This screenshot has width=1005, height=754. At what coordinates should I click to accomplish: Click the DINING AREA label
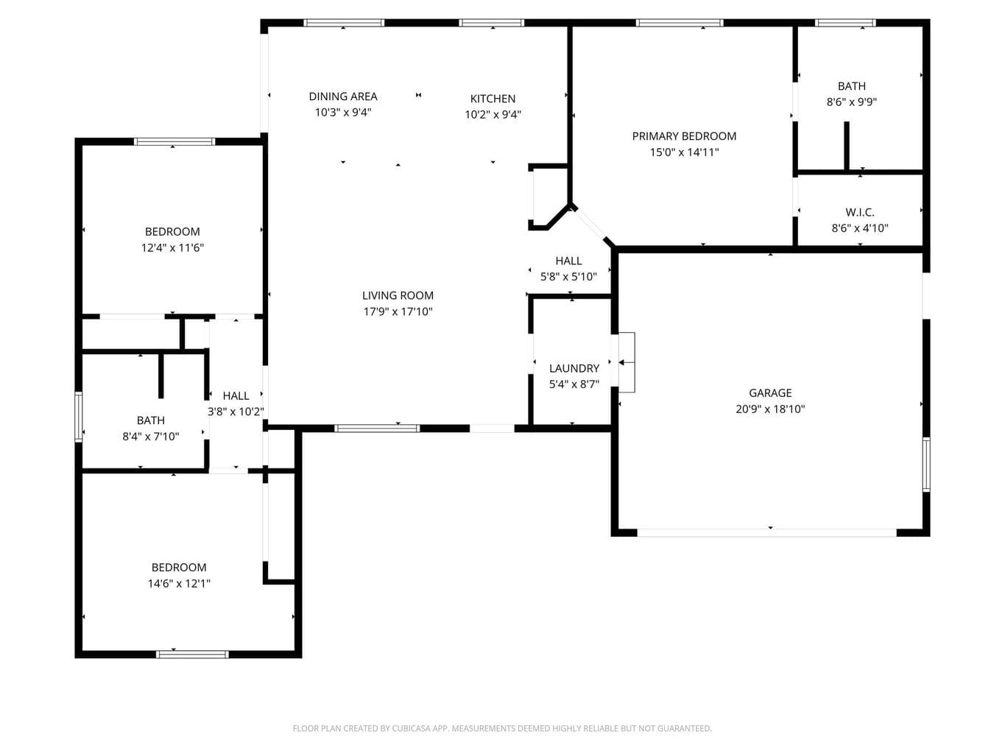coord(343,96)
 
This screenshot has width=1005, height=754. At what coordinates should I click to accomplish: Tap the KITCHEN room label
coord(493,99)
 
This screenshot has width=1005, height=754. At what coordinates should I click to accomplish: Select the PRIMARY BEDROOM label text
coord(684,136)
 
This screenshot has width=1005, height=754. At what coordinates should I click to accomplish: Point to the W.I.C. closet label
coord(859,212)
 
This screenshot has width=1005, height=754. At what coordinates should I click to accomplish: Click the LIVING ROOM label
coord(398,295)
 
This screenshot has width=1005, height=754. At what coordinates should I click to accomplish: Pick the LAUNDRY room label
coord(574,368)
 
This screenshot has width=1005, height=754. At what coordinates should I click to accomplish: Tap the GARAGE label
coord(770,392)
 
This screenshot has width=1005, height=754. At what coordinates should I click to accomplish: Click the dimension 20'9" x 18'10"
coord(770,409)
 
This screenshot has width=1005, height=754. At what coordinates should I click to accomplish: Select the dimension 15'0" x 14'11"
coord(684,152)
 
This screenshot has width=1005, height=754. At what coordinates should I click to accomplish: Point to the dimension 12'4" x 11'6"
coord(172,247)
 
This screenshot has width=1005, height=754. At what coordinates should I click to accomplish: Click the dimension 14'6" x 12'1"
coord(179,583)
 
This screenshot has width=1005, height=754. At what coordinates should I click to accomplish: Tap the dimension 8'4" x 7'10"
coord(151,437)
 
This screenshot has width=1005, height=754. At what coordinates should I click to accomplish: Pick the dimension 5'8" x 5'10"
coord(568,277)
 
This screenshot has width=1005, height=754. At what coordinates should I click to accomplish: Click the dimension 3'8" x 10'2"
coord(236,412)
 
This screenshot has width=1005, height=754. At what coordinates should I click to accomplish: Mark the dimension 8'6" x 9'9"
coord(852,102)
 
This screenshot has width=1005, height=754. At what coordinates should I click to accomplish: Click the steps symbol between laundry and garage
coord(627,362)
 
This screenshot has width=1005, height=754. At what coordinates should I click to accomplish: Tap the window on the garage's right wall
coord(925,464)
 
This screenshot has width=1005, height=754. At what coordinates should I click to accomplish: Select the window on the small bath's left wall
coord(79,417)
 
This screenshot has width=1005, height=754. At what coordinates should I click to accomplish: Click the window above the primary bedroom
coord(680,22)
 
